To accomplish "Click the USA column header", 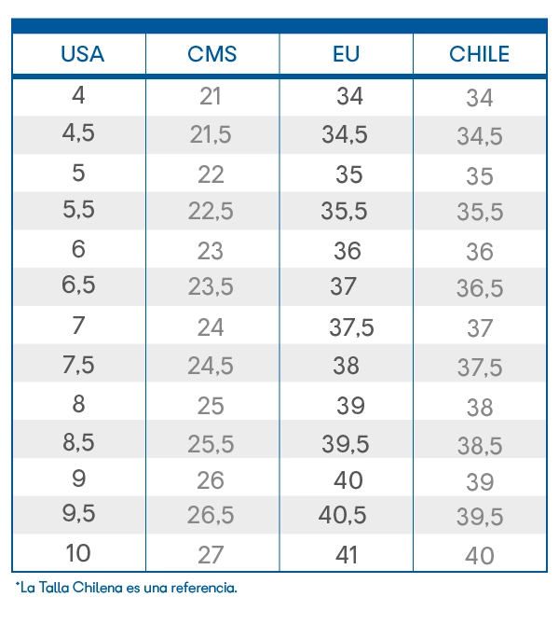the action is click(x=82, y=54).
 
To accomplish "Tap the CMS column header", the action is click(x=212, y=54).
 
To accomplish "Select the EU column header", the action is click(x=346, y=54).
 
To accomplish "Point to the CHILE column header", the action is click(x=480, y=54).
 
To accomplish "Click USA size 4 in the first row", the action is click(x=78, y=95).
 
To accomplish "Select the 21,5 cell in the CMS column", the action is click(x=211, y=134).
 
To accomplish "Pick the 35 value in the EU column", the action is click(x=349, y=174).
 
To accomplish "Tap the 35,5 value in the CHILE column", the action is click(x=480, y=211).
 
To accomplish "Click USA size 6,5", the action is click(x=78, y=285).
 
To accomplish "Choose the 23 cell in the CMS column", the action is click(x=211, y=251).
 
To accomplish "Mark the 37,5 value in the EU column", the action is click(x=351, y=327).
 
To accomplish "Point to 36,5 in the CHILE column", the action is click(x=480, y=288).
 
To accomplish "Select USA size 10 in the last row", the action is click(x=78, y=553).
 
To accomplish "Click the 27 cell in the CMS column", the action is click(x=211, y=554).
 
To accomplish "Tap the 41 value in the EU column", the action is click(x=347, y=554).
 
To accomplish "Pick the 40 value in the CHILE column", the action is click(x=480, y=555).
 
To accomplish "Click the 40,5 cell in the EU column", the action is click(x=343, y=515).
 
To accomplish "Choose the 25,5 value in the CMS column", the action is click(x=211, y=444).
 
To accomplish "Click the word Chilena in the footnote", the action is click(x=98, y=588).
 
